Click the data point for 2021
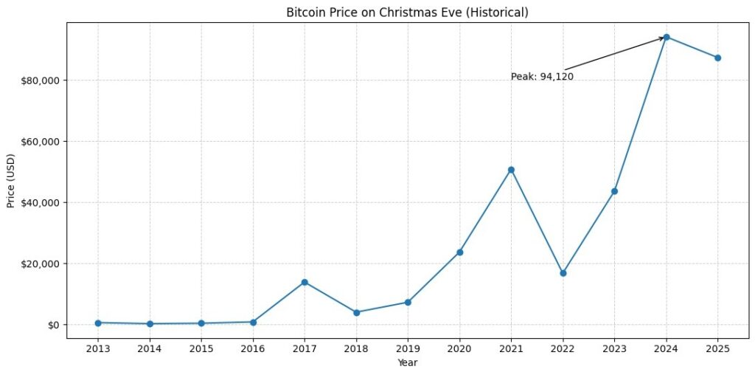point(511,170)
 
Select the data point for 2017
point(305,282)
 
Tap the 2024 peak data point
point(667,37)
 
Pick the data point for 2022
point(563,273)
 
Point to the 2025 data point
point(717,58)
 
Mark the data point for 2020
point(459,252)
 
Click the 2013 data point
point(98,323)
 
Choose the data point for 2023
point(614,191)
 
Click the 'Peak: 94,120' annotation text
point(542,77)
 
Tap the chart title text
point(407,12)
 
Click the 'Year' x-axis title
point(407,362)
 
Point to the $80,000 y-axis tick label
point(41,80)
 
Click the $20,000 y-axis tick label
point(41,264)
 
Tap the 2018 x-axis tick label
point(356,348)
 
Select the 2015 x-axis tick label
point(201,348)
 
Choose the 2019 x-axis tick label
point(408,348)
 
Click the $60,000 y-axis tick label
point(41,141)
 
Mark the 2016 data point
point(253,322)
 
